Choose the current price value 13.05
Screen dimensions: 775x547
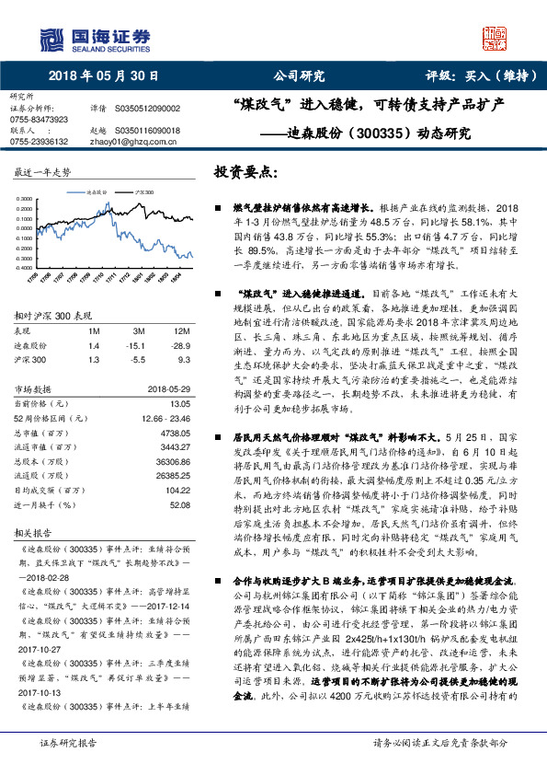coord(180,403)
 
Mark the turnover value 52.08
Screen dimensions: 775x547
coord(180,505)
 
